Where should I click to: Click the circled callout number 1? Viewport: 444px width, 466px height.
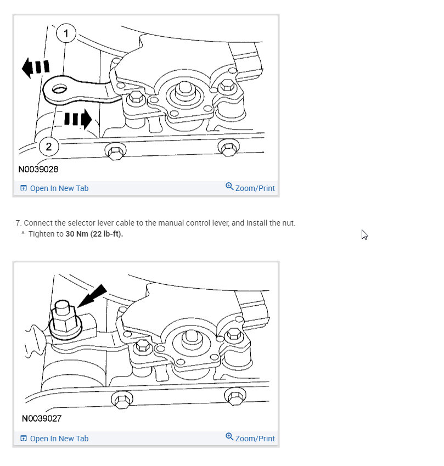pos(66,34)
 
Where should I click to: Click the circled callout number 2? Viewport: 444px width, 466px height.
pos(49,147)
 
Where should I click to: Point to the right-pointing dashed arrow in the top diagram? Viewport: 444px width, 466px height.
pos(77,118)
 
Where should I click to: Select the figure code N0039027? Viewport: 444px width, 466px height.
pos(42,418)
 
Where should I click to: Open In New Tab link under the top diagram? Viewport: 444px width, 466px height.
pos(59,188)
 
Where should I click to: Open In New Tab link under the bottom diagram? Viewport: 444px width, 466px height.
pos(59,439)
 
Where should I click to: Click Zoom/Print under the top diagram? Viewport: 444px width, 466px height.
pos(255,188)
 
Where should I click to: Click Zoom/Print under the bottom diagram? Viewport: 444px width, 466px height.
pos(255,438)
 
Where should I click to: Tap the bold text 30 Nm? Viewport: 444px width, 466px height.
pos(76,234)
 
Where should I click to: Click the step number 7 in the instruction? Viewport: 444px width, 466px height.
pos(18,223)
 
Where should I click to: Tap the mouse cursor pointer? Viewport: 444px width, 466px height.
pos(364,234)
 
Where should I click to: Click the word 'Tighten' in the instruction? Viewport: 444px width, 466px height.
pos(42,234)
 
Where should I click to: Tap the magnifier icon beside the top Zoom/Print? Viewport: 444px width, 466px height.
pos(229,187)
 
